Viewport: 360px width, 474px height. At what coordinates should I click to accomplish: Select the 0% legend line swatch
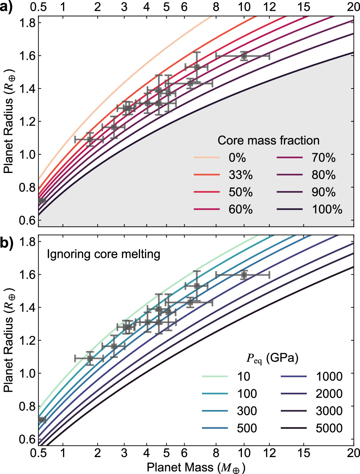[207, 157]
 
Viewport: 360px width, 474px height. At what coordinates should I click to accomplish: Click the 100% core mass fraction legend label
[327, 209]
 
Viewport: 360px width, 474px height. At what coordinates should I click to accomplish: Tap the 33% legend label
[240, 175]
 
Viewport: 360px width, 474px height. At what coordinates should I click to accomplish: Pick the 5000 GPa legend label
[329, 428]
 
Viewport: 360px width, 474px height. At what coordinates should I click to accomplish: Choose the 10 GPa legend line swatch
[215, 376]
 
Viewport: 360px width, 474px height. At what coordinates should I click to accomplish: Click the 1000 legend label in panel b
[329, 376]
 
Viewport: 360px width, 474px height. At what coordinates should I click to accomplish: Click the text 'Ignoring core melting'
[104, 254]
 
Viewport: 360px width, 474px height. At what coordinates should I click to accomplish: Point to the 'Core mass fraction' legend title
[269, 140]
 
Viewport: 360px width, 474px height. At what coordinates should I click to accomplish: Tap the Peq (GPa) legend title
[273, 358]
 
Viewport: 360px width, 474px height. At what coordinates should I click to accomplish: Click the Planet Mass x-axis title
[196, 467]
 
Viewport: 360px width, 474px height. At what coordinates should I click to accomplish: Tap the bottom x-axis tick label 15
[304, 453]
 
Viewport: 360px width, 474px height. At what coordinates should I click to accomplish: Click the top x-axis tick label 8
[216, 7]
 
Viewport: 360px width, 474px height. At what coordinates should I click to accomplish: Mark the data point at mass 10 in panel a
[244, 56]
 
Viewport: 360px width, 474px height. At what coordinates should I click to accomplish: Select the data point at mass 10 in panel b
[244, 275]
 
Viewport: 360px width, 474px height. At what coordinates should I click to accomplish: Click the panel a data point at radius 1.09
[90, 140]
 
